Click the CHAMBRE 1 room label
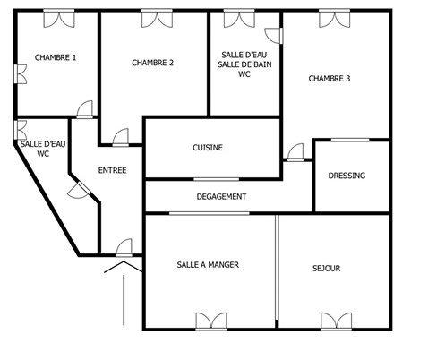click(55, 57)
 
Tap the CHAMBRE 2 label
click(152, 62)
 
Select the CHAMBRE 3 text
click(329, 79)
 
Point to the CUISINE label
click(208, 148)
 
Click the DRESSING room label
click(347, 176)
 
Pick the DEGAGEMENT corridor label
click(221, 196)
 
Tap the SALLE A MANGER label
click(208, 265)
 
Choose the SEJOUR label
click(326, 268)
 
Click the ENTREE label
click(112, 170)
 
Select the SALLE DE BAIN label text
click(244, 64)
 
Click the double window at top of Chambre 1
click(58, 17)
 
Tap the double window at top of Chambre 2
click(156, 17)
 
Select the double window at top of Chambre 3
click(331, 17)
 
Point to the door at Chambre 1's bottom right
click(84, 110)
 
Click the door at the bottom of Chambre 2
click(120, 136)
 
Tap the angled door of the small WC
click(78, 190)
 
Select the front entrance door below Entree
click(124, 247)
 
